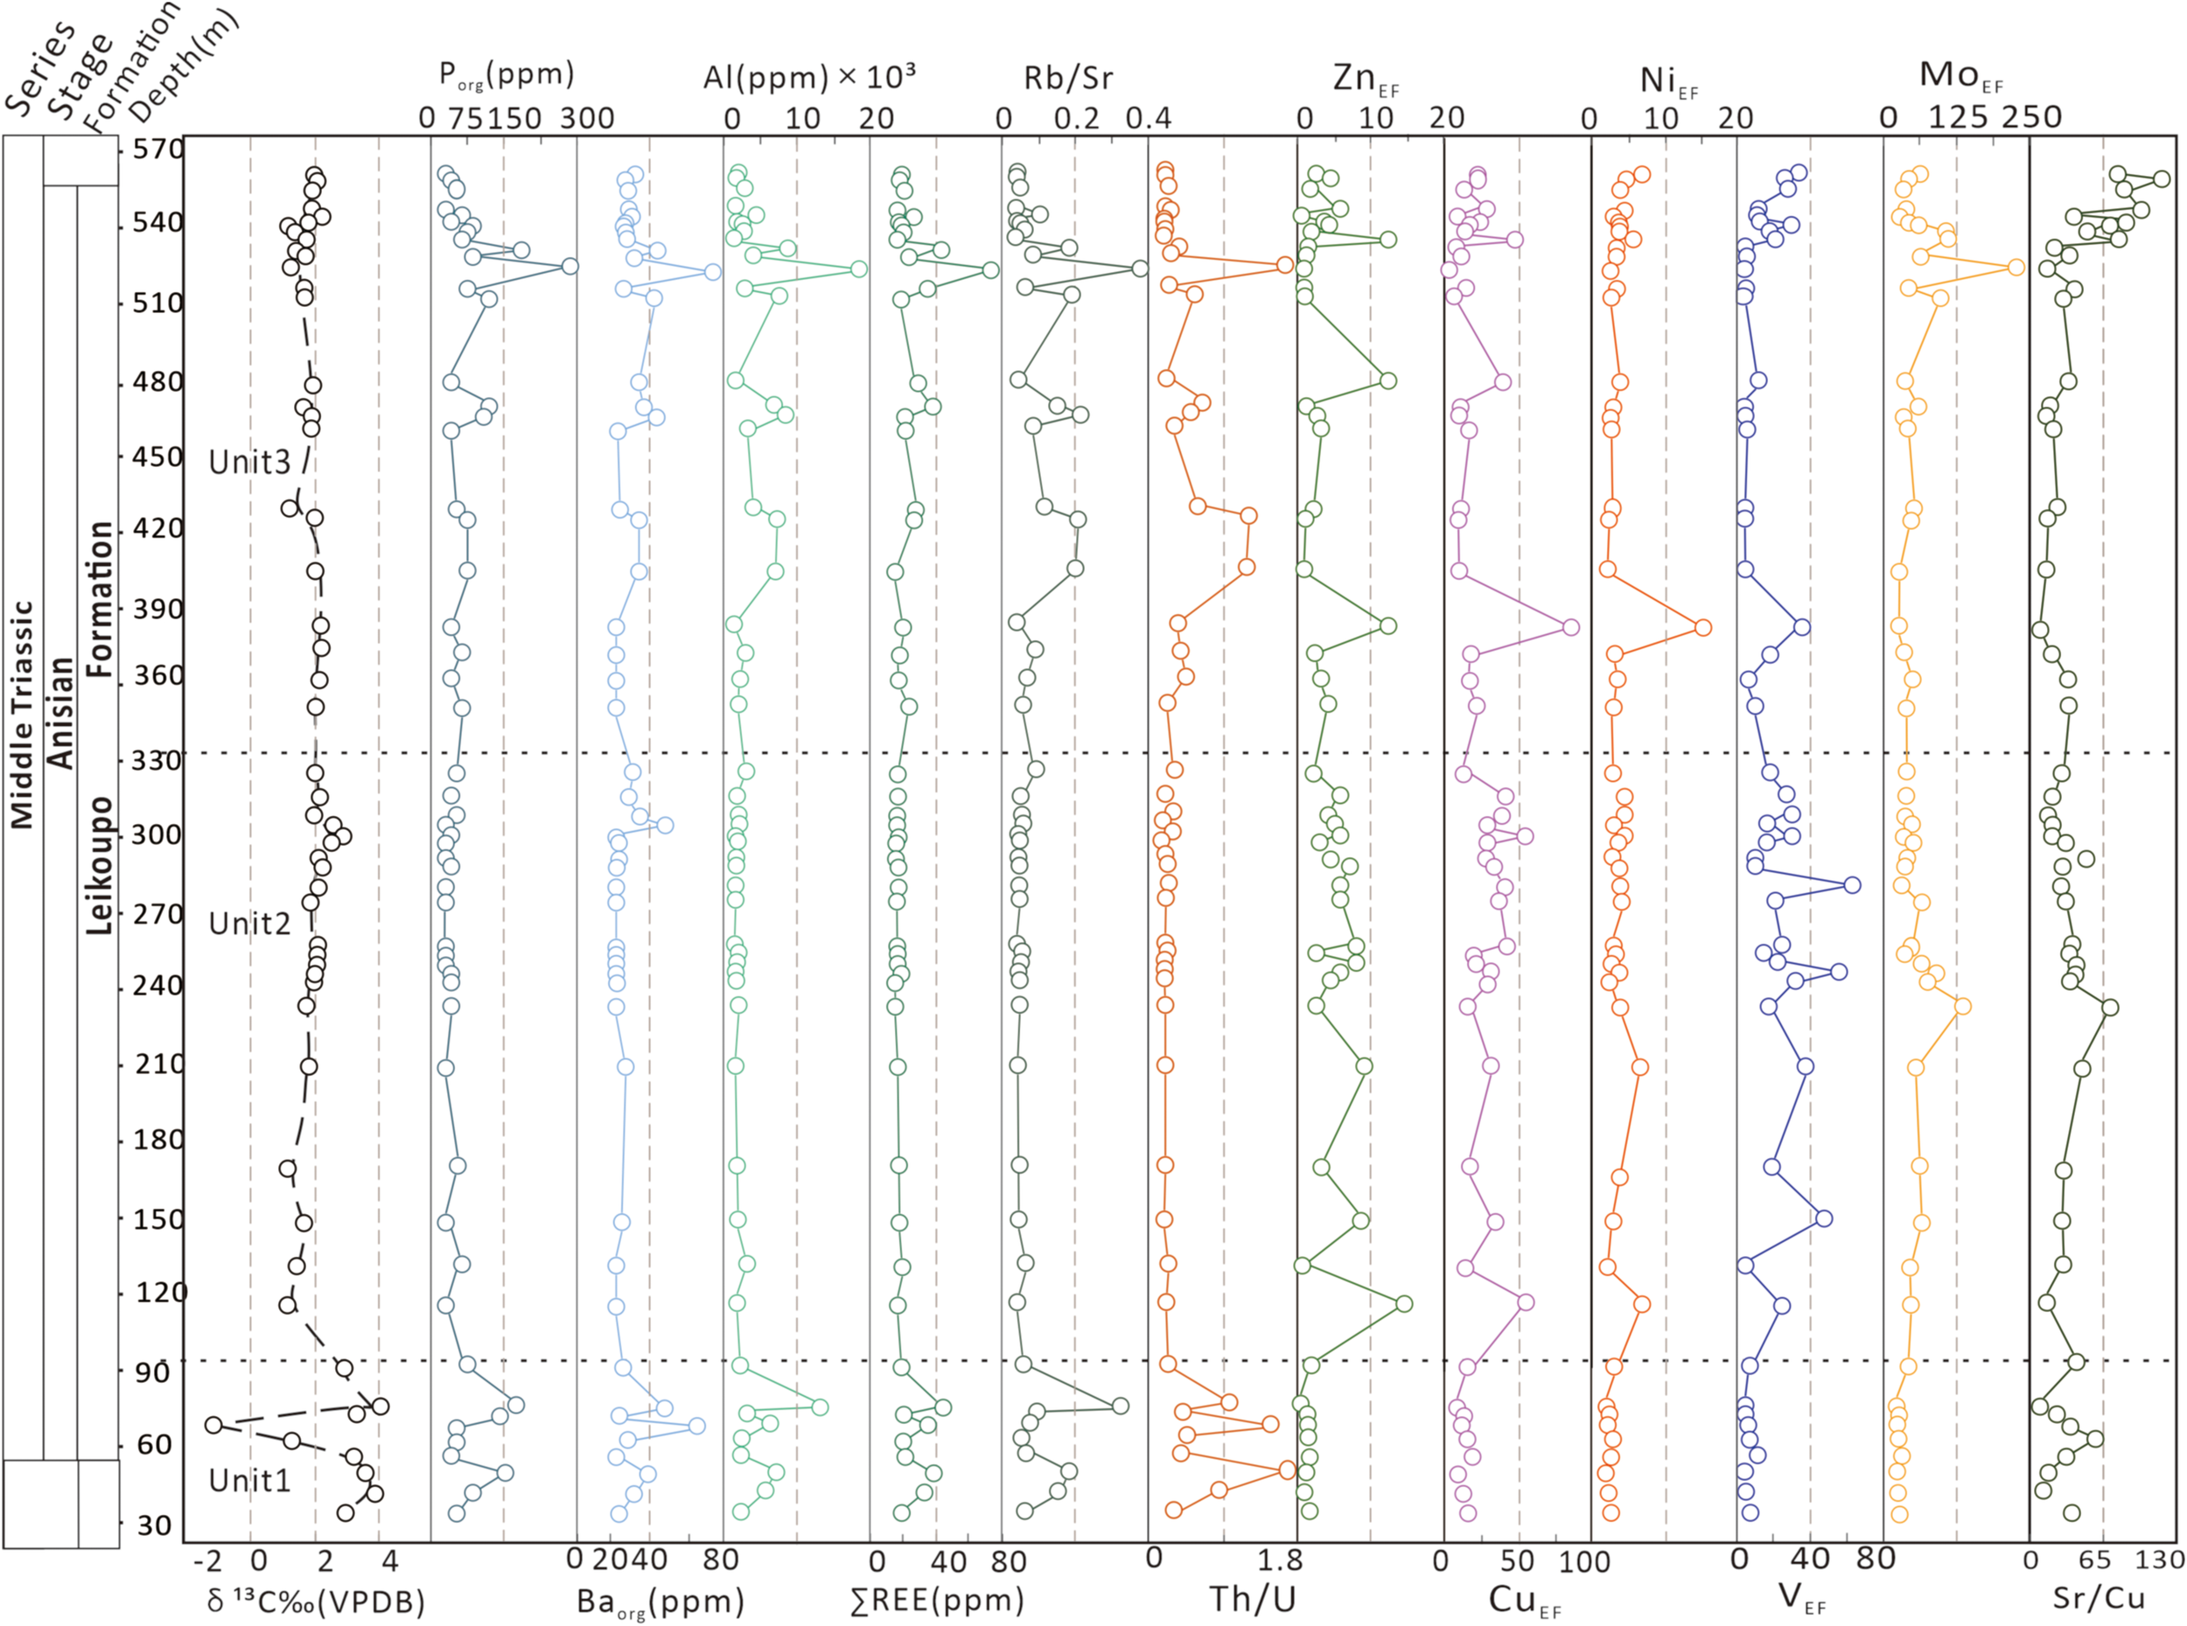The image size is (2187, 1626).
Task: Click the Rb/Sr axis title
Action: click(1067, 78)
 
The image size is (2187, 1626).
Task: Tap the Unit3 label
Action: click(250, 462)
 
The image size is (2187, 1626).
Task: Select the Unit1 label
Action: click(250, 1479)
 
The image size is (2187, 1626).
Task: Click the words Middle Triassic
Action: click(22, 715)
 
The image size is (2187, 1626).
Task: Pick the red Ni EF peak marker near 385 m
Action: click(1701, 627)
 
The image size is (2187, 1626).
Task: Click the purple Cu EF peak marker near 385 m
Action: click(1570, 627)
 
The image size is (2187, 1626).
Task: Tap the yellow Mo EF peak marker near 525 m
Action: click(2015, 267)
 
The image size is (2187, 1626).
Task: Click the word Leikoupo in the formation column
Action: click(100, 865)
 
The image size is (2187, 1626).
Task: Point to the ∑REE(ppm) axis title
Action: click(936, 1601)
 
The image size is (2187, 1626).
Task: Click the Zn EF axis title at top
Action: click(1364, 78)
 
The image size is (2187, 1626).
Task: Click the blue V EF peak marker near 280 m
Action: click(1851, 884)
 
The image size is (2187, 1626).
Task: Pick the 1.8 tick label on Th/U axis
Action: click(1281, 1560)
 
